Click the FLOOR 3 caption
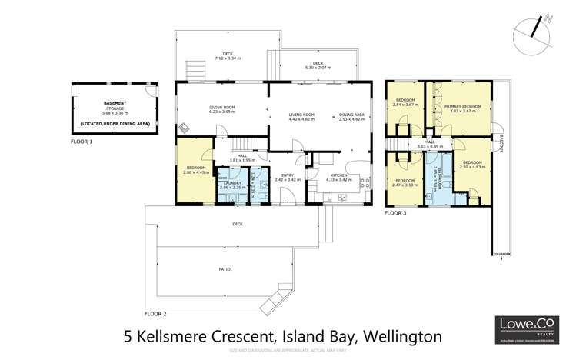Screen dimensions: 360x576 (x=395, y=212)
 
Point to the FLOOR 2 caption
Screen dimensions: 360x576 (x=155, y=314)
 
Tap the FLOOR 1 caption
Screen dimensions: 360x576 (x=81, y=142)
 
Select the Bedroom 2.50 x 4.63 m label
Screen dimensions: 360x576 (x=471, y=164)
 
